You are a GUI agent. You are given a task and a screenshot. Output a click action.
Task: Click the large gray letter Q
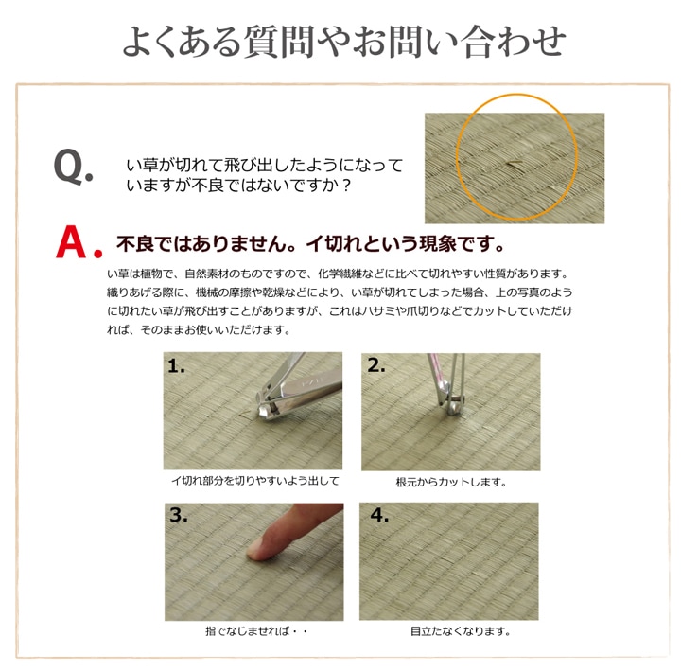[x=69, y=166]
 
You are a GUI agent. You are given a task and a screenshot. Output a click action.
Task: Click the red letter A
[x=71, y=241]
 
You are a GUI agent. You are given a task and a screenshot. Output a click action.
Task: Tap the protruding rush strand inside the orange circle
[x=515, y=164]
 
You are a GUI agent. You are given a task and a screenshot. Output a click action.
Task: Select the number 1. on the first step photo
[x=176, y=365]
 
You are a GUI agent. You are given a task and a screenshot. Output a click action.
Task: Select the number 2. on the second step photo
[x=376, y=364]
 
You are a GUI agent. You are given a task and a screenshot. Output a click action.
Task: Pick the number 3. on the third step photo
[x=179, y=515]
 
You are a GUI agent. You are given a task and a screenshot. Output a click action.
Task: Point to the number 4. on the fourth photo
[x=379, y=515]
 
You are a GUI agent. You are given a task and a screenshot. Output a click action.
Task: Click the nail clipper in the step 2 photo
[x=447, y=383]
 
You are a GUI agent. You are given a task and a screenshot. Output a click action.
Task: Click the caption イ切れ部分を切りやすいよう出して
[x=255, y=481]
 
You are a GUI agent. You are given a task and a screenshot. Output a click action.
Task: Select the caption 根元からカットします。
[x=451, y=482]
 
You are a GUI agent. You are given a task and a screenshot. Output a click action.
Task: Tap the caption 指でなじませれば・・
[x=256, y=630]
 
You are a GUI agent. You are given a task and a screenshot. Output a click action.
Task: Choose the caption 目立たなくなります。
[x=461, y=630]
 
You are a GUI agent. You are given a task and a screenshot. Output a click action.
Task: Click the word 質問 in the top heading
[x=278, y=43]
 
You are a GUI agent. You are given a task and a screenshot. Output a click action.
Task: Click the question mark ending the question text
[x=346, y=186]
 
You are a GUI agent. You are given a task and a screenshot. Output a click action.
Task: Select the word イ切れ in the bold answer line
[x=334, y=243]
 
